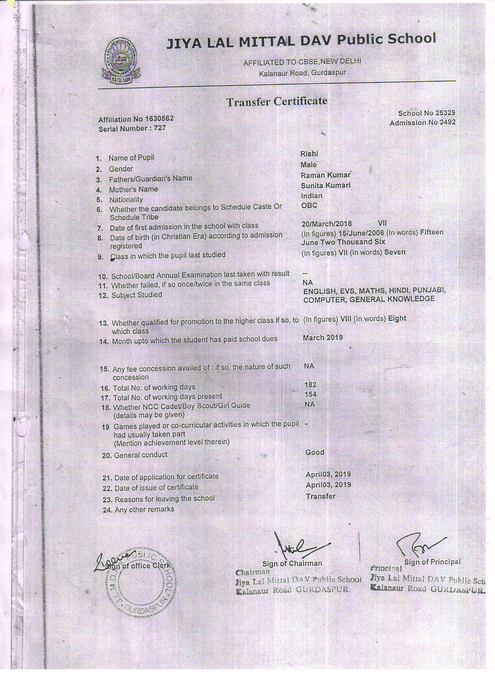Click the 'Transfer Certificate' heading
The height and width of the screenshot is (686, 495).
point(277,102)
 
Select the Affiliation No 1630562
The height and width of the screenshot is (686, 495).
point(136,119)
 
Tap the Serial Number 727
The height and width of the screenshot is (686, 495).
point(132,128)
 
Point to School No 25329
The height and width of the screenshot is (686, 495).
point(426,113)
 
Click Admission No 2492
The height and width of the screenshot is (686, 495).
point(422,122)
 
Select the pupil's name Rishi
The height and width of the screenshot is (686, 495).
point(309,154)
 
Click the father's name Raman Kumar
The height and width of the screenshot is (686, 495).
point(325,175)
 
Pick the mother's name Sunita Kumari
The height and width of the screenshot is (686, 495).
point(325,185)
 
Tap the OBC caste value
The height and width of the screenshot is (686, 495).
point(309,205)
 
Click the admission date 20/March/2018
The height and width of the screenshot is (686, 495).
point(327,224)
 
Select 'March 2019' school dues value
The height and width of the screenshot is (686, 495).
point(323,338)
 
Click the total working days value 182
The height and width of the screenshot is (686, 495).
point(310,385)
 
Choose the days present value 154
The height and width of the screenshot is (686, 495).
point(310,394)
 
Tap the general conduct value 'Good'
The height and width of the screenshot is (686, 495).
point(315,452)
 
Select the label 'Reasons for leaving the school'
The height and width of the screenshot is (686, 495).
point(164,499)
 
